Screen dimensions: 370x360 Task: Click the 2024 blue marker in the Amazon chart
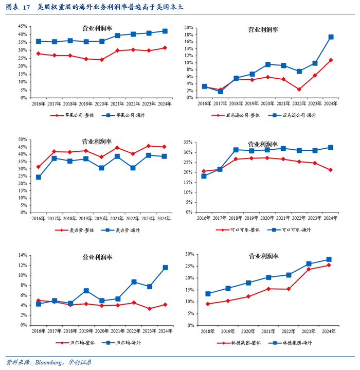click(331, 37)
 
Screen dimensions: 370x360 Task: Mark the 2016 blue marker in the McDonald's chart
click(39, 177)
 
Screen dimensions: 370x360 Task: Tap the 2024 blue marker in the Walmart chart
click(165, 268)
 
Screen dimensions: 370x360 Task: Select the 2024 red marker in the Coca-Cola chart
click(331, 170)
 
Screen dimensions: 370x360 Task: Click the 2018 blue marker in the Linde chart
click(208, 294)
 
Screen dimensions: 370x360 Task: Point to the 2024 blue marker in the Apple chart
click(165, 31)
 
